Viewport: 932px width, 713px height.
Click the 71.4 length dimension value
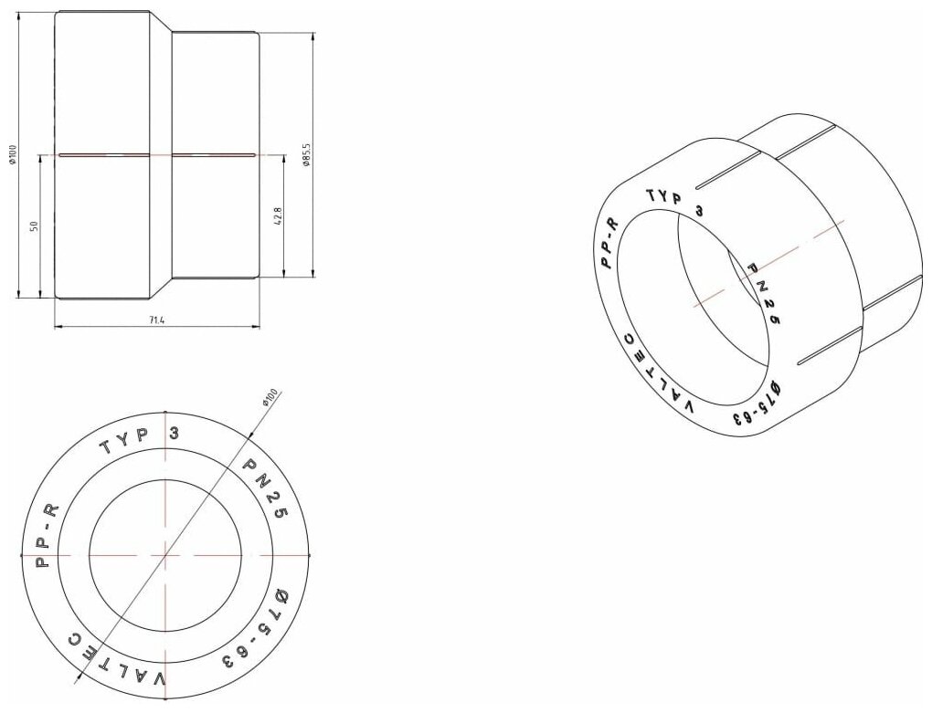pyautogui.click(x=157, y=320)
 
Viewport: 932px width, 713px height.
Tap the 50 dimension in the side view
pyautogui.click(x=34, y=225)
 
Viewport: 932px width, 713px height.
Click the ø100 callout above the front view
pyautogui.click(x=270, y=396)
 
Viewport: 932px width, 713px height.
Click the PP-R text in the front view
pyautogui.click(x=47, y=536)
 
